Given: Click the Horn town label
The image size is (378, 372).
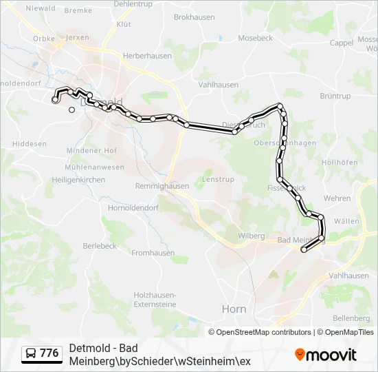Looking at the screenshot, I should pos(234,309).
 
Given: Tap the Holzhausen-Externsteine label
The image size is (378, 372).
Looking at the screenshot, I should pos(155,299).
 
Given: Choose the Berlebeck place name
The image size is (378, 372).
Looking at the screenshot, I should pos(100,245).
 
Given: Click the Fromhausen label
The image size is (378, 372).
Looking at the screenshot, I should pos(153,253).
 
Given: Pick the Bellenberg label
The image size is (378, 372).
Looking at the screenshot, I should pos(351,318).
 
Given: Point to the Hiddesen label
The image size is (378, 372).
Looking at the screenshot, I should pos(30,144).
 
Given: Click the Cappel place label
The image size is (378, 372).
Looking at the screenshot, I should pos(342,42).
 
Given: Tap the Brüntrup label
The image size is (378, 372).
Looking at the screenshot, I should pos(335,96).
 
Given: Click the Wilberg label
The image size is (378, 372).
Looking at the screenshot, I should pos(251,236).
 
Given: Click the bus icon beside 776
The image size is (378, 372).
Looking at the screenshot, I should pos(31,353).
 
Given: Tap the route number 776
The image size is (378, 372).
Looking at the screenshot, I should pos(49,353).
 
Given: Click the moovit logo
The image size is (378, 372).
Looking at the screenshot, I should pos(326,355).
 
